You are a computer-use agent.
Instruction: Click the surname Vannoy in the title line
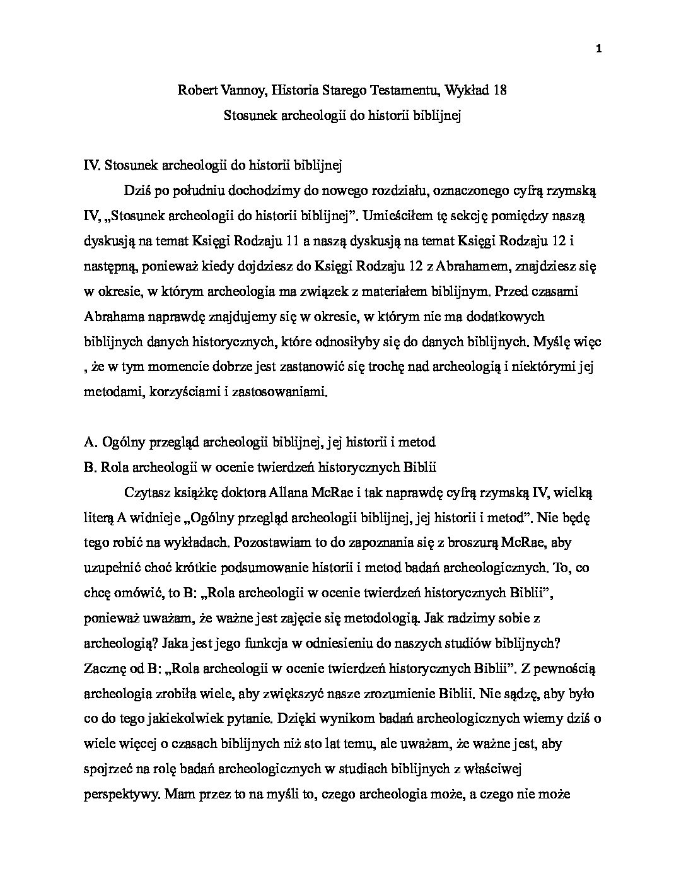click(231, 90)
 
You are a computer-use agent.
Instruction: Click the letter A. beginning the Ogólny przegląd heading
click(90, 442)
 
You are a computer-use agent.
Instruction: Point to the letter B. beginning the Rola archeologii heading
click(89, 467)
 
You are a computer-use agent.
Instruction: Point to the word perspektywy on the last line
click(120, 793)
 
